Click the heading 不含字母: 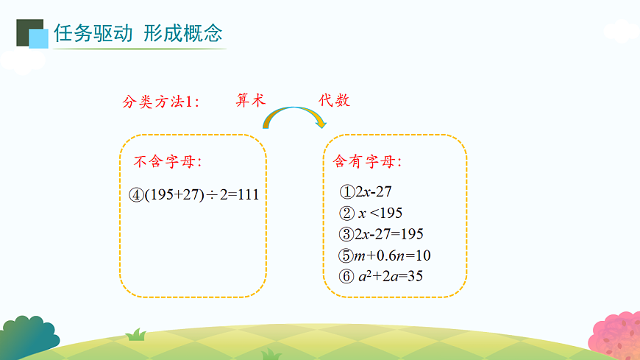point(167,161)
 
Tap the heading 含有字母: point(368,161)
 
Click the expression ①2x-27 point(366,192)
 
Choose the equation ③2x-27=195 point(382,234)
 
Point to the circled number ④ point(135,195)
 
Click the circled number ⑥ point(347,277)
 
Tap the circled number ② point(347,213)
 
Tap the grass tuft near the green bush point(136,335)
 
